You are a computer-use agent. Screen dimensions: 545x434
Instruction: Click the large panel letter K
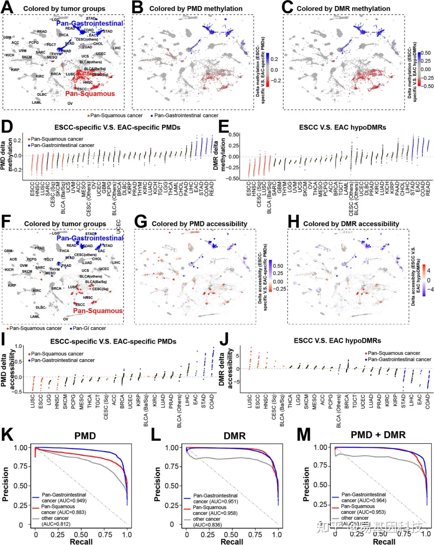point(7,435)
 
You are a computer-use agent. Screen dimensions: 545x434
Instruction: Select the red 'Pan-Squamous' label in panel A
point(90,94)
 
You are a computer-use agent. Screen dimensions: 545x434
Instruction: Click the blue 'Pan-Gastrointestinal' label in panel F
point(90,238)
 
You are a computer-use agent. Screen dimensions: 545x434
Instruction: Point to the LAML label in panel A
point(37,102)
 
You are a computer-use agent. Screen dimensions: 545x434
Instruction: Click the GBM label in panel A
point(7,37)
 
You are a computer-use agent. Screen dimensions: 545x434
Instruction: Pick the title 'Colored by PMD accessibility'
point(199,224)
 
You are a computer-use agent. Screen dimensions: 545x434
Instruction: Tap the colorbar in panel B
point(267,70)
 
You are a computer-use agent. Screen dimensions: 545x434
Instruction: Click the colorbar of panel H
point(424,280)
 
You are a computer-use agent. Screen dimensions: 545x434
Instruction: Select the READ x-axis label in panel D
point(212,189)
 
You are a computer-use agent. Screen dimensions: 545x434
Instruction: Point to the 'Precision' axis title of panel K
point(5,484)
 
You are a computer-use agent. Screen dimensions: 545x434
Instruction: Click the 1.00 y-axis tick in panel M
point(321,447)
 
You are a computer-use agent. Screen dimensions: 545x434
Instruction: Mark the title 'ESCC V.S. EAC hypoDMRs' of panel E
point(342,127)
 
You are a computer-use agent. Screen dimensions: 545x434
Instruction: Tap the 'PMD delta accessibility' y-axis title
point(8,368)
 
